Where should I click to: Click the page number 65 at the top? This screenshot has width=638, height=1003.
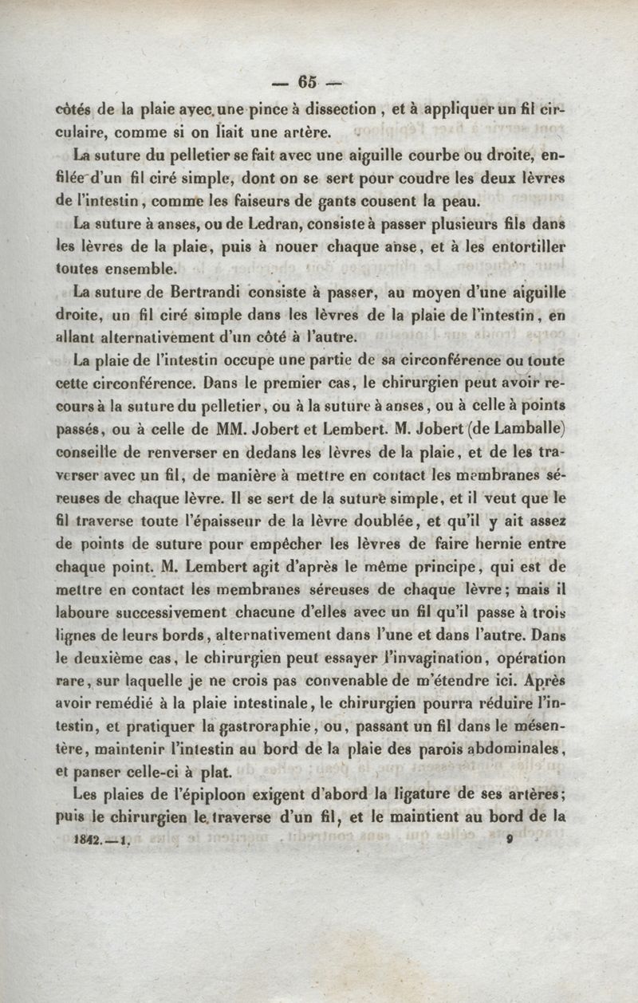click(307, 81)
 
